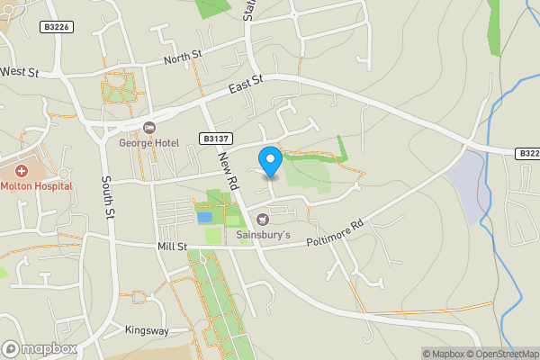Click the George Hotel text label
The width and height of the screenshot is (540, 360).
tap(149, 141)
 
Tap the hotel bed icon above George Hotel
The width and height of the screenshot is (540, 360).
tap(149, 127)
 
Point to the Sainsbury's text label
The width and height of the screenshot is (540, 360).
tap(263, 236)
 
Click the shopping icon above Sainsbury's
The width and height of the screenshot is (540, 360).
tap(263, 220)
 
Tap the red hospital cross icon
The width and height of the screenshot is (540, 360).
tap(21, 170)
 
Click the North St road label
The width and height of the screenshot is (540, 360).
tap(184, 59)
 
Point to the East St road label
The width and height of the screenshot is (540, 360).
tap(245, 84)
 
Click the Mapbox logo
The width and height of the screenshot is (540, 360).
tap(40, 348)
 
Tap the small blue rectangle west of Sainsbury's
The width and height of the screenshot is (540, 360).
tap(204, 217)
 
